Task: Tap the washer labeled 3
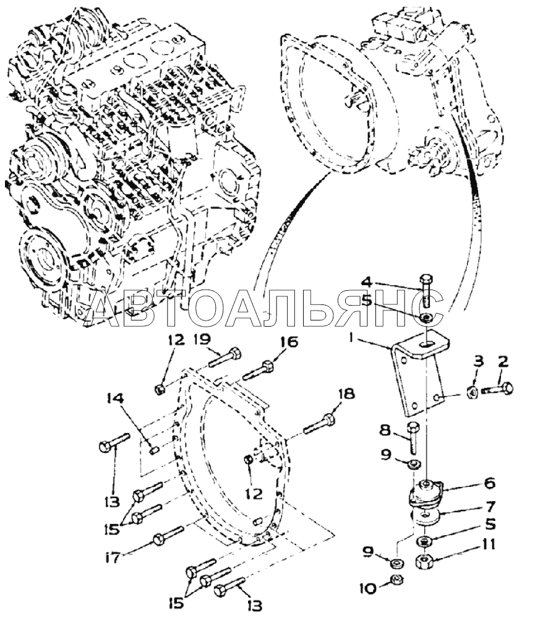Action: pyautogui.click(x=470, y=390)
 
